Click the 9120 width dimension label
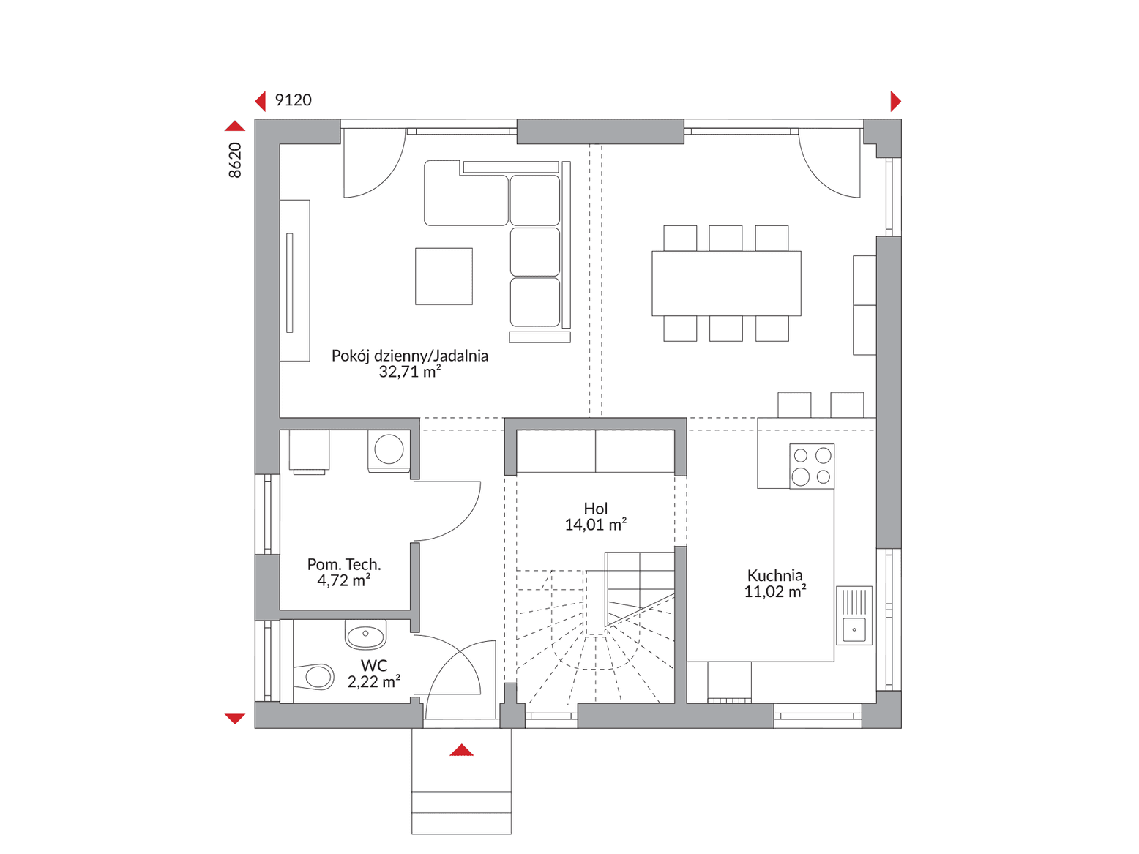(x=294, y=100)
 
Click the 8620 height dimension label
(x=235, y=160)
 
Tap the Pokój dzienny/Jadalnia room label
(x=410, y=356)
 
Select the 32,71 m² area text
(x=410, y=371)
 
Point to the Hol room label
(x=596, y=508)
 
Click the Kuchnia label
(x=774, y=575)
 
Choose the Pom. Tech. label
(x=344, y=564)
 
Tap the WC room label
(x=374, y=665)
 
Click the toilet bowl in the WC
(x=313, y=677)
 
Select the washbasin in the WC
(x=366, y=634)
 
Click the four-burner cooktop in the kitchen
(x=812, y=466)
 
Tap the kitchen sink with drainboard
(x=854, y=615)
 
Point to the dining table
(x=726, y=283)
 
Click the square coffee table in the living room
(x=444, y=277)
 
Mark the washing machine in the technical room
(x=389, y=449)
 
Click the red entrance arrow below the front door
(x=461, y=750)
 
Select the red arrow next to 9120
(x=261, y=101)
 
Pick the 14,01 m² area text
(x=596, y=524)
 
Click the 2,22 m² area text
(x=374, y=681)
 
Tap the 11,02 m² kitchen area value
(x=775, y=591)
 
